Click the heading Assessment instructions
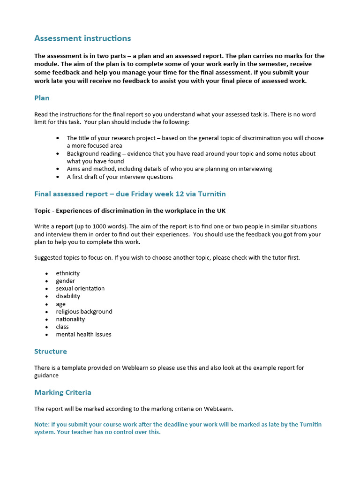82,38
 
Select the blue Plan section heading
42,98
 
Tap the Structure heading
51,351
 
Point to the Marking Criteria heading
63,392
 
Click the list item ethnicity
68,273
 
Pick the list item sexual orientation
80,288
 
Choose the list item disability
68,296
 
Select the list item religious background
84,311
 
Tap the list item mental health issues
83,334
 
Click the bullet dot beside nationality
47,319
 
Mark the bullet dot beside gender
47,281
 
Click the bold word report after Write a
64,226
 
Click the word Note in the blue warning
41,424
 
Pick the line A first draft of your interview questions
120,177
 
